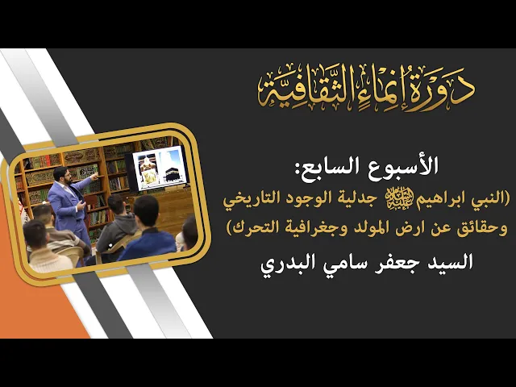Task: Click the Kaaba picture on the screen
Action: click(x=173, y=169)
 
